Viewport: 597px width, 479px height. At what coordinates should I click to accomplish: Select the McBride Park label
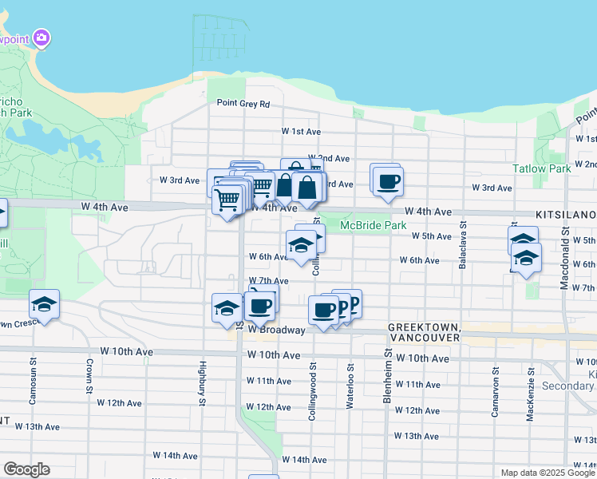[374, 226]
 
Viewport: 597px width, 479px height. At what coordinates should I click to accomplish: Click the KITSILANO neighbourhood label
[566, 216]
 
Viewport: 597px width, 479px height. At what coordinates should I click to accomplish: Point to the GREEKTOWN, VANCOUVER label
[424, 333]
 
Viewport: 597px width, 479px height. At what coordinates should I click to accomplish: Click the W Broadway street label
[276, 330]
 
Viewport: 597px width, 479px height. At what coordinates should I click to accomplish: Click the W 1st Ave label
[301, 131]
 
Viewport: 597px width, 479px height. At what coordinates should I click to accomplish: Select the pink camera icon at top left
[42, 38]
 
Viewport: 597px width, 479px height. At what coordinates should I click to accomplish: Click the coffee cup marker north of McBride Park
[388, 180]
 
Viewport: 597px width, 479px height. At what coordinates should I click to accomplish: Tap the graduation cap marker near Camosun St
[44, 304]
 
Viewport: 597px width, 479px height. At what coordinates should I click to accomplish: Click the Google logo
[26, 469]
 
